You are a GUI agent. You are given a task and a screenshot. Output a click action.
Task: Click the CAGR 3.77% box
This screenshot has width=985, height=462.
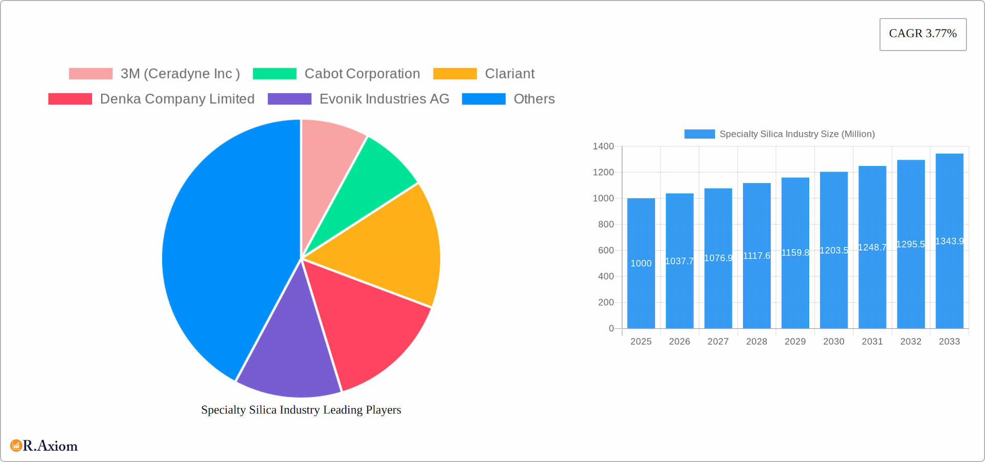922,34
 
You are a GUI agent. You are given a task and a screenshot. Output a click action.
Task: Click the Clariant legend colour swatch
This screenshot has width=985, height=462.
455,74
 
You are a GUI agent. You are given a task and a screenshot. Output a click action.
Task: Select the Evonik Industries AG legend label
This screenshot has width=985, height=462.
384,99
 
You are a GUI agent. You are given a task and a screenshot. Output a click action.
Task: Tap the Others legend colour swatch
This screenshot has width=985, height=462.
483,99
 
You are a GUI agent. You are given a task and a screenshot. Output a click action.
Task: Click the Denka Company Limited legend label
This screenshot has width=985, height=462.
177,99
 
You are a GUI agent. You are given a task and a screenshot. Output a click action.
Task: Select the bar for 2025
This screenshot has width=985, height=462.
641,287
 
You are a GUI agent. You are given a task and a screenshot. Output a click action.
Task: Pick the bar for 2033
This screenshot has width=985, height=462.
949,287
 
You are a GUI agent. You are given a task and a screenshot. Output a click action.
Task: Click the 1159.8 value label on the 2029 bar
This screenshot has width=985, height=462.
795,253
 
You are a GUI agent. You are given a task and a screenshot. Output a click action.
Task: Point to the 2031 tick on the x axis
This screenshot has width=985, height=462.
872,342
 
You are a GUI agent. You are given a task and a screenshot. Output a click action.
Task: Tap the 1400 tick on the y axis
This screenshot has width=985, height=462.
603,147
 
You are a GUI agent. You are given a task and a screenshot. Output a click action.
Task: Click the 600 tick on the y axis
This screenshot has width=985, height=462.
606,250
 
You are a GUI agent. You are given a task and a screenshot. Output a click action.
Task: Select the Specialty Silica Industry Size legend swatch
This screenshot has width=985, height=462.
699,134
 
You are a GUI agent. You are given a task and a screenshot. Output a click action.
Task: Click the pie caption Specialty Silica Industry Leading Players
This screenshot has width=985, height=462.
301,410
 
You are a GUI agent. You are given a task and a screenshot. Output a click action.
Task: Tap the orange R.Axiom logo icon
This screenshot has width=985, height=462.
16,446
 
